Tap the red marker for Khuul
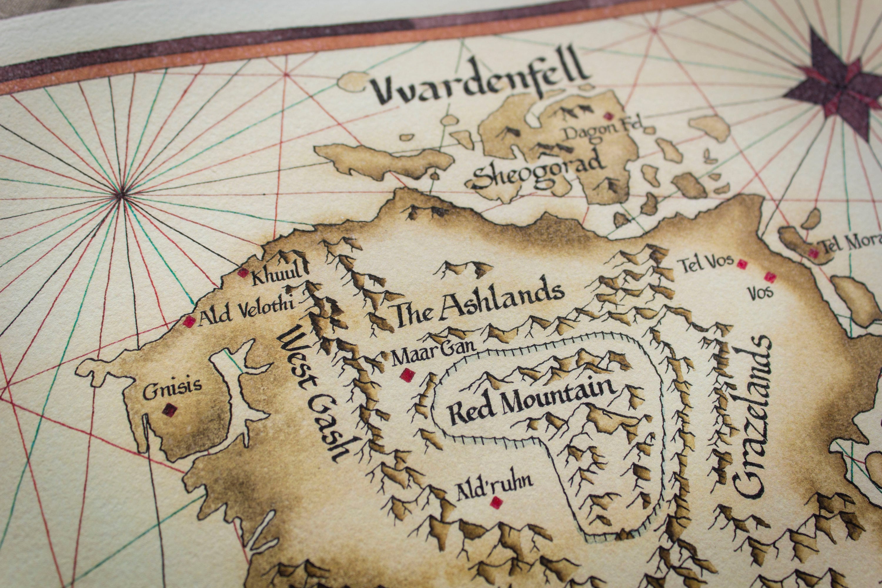pos(243,273)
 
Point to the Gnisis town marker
pos(170,410)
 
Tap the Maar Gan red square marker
pos(407,375)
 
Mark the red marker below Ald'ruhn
pos(497,502)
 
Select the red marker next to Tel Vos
pos(741,264)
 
